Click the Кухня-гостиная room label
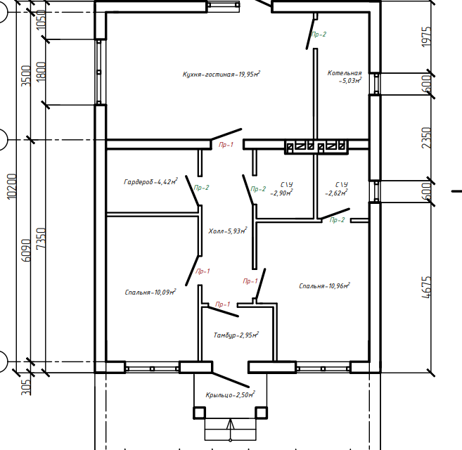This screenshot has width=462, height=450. (222, 74)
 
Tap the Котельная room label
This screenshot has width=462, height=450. (345, 77)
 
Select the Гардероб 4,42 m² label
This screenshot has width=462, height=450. (150, 181)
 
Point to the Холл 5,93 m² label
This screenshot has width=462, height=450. (227, 231)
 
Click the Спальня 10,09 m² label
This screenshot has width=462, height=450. (150, 292)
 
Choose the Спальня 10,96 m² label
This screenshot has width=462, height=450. (324, 285)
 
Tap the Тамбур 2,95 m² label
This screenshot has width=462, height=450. (236, 335)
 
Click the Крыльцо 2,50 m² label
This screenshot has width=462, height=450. (230, 394)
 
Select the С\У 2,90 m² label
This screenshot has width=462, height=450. (282, 189)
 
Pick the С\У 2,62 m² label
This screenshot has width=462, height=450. (337, 189)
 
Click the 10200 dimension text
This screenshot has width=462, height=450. (12, 186)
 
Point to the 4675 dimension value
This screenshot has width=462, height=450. (426, 288)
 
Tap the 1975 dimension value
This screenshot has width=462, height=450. (426, 37)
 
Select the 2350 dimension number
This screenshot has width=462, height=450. (426, 138)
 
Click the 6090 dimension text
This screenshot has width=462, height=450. (26, 250)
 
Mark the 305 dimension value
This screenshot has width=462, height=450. (26, 387)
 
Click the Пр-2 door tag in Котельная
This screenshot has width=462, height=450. (319, 34)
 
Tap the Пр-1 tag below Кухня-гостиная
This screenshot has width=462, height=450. (226, 144)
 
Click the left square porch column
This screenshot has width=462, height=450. (200, 413)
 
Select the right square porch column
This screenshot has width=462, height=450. (261, 413)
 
